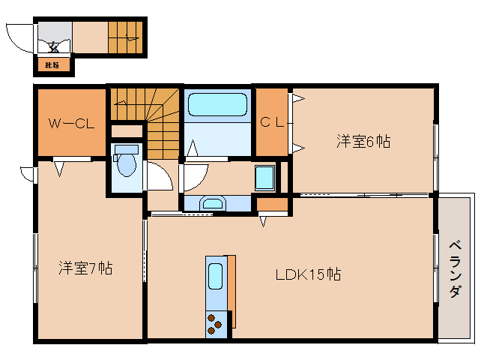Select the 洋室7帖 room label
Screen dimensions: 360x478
[86, 268]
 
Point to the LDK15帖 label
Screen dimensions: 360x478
[307, 274]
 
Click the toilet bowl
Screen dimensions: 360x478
[125, 163]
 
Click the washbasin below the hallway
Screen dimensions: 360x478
[214, 202]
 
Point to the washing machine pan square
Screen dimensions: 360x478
[265, 178]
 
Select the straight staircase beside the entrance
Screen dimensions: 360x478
[124, 36]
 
